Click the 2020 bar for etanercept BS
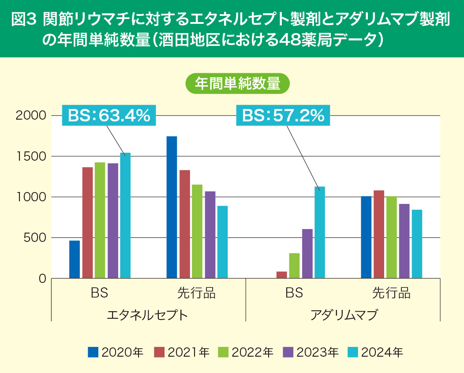(x=75, y=260)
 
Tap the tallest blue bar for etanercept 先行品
(x=172, y=207)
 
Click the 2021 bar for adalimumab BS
(x=281, y=275)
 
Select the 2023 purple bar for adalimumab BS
(x=307, y=254)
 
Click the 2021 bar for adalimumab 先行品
(x=379, y=234)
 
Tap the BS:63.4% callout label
(x=109, y=116)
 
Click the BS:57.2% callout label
(x=283, y=116)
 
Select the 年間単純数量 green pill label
(x=238, y=83)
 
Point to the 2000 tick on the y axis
(x=31, y=116)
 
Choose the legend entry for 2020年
(x=116, y=352)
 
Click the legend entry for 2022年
(x=246, y=352)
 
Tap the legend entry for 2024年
(x=376, y=352)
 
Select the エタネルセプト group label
(x=147, y=315)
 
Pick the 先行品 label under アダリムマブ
(x=391, y=293)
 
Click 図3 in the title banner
(x=23, y=20)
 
